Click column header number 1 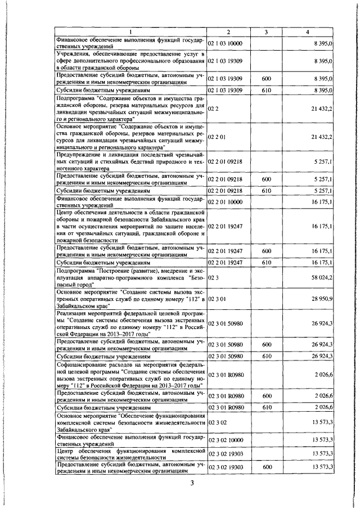coord(130,31)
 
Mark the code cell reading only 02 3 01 coord(217,300)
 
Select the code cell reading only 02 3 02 coord(217,421)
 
